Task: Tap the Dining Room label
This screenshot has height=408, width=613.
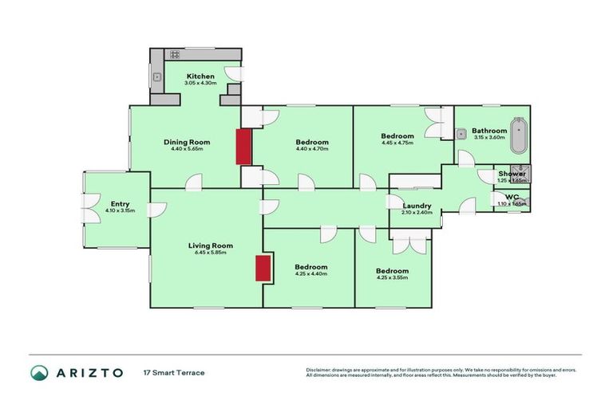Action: click(187, 142)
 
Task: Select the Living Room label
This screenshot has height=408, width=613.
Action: click(211, 245)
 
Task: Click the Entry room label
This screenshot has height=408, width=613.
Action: click(121, 204)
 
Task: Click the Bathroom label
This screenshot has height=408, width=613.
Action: click(488, 131)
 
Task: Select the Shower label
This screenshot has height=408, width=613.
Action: click(512, 174)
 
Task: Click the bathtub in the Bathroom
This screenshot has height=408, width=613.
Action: click(520, 136)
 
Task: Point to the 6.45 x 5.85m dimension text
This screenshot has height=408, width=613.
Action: click(211, 253)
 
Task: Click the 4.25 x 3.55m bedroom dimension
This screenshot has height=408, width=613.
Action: click(392, 279)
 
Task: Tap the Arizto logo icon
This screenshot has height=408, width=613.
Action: click(39, 372)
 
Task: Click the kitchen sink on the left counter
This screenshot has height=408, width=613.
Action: click(156, 77)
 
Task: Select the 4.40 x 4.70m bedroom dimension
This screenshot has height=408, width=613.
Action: click(311, 150)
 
